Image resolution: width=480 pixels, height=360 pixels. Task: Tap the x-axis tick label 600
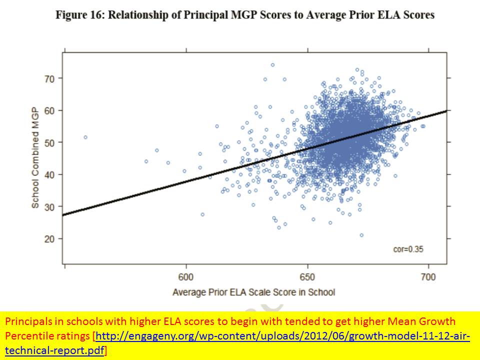coord(186,277)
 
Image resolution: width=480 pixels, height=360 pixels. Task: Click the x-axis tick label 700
coord(428,277)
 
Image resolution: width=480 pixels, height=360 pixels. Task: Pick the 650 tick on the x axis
coord(307,277)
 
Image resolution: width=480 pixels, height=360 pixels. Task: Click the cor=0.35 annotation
coord(408,249)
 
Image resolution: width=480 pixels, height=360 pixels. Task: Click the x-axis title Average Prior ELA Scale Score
coord(253,292)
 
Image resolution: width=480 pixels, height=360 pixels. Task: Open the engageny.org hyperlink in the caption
coord(282,335)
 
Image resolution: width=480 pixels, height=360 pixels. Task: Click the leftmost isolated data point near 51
coord(85,137)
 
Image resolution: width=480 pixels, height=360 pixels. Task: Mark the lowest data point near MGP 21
coord(361,235)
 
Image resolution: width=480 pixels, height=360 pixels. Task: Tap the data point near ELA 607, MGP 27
coord(202,214)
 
